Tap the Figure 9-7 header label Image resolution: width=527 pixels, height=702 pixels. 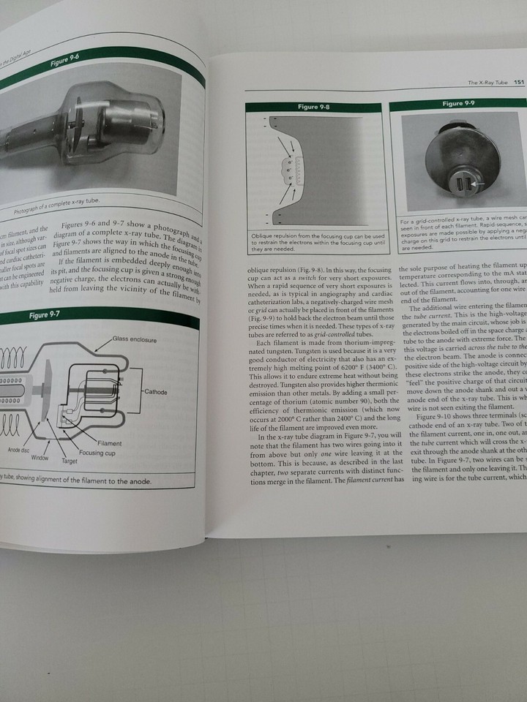click(x=44, y=315)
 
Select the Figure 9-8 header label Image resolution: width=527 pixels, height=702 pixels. click(x=313, y=107)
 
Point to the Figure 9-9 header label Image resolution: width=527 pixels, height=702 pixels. click(x=458, y=104)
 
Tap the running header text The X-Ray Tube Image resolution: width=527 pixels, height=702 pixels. click(x=488, y=83)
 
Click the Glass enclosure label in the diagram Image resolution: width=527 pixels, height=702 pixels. click(x=135, y=340)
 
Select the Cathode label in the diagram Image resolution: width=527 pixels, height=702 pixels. click(x=156, y=392)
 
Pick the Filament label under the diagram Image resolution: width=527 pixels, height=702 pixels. click(x=109, y=443)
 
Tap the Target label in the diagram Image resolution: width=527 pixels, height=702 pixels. click(x=70, y=461)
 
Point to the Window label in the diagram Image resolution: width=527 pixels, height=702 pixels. click(x=40, y=457)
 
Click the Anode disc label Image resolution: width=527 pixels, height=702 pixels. click(x=19, y=450)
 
